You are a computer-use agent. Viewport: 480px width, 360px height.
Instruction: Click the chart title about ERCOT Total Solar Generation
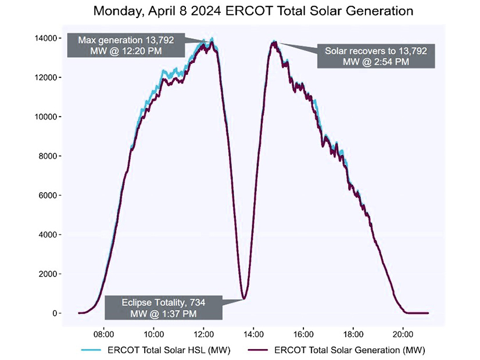coord(241,10)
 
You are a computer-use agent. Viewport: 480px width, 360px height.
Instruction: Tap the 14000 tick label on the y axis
coord(45,38)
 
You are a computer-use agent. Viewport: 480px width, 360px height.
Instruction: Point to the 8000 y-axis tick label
coord(47,156)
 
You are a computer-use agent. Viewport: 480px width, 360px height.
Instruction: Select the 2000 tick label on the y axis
coord(47,274)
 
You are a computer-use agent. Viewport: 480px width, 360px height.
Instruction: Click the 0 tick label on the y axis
coord(54,314)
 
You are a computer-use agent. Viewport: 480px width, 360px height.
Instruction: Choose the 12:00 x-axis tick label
coord(204,334)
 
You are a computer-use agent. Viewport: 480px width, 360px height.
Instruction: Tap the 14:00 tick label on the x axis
coord(253,334)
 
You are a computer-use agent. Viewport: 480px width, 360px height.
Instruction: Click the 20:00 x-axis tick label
coord(403,334)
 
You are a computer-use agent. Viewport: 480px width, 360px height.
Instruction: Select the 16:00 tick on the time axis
coord(303,334)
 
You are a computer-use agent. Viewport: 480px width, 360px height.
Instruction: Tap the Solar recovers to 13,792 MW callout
coord(376,56)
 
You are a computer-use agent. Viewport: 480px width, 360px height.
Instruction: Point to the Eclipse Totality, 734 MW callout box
coord(163,307)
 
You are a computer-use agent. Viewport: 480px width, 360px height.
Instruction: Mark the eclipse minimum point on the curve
coord(245,298)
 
